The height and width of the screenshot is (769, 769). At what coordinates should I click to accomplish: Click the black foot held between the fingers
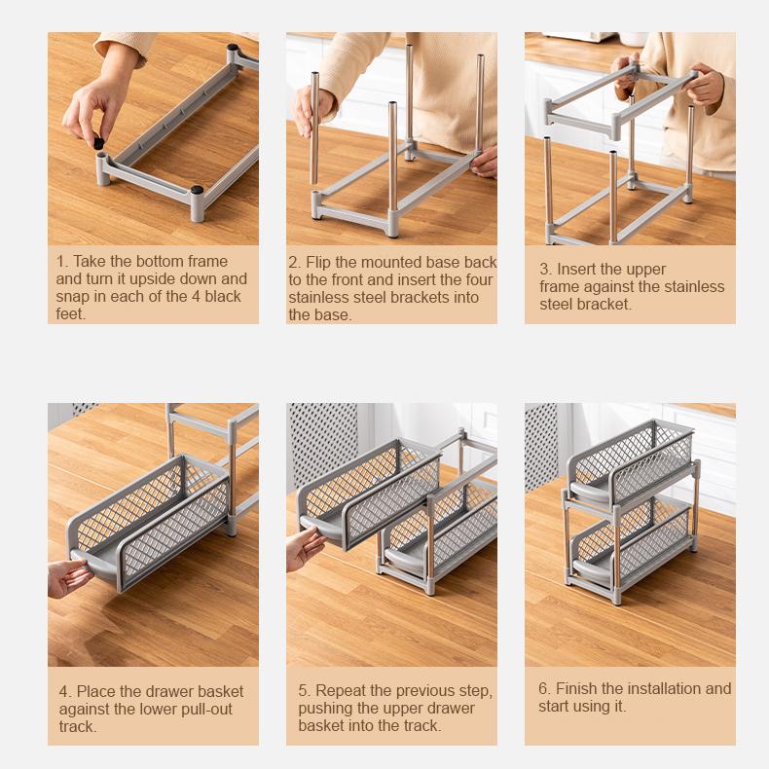[98, 143]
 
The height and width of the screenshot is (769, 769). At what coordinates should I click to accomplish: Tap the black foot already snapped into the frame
[198, 189]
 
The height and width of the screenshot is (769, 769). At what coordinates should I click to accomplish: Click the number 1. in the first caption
[62, 262]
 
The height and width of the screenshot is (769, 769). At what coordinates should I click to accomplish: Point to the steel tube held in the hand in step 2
[313, 128]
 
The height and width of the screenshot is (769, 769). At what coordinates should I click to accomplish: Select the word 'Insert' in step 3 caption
[575, 270]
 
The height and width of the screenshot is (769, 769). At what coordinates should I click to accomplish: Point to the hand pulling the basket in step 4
[69, 579]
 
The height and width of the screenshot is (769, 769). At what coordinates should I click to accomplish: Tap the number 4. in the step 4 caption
[66, 691]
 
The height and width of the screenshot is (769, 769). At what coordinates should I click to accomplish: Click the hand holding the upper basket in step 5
[305, 548]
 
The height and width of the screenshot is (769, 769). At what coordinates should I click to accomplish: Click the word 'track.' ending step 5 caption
[419, 725]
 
